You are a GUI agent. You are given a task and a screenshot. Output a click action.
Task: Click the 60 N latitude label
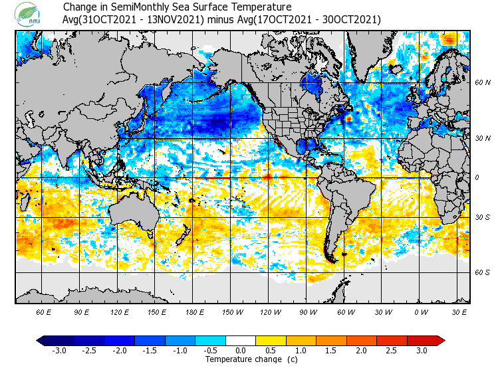[482, 83]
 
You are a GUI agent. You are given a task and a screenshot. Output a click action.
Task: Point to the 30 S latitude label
[482, 218]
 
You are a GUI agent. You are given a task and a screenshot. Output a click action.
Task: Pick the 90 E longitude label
[82, 312]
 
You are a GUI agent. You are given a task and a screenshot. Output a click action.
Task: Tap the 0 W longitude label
[420, 312]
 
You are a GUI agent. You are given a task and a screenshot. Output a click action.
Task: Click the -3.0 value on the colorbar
[59, 351]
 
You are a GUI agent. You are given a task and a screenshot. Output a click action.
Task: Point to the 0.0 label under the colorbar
[241, 351]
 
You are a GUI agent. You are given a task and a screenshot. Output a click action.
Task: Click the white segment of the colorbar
[241, 341]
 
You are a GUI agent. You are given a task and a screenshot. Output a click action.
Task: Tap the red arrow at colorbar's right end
[441, 341]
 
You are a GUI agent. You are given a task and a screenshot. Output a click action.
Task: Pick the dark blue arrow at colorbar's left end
[41, 341]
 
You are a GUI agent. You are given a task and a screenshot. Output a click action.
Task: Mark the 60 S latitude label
[482, 272]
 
